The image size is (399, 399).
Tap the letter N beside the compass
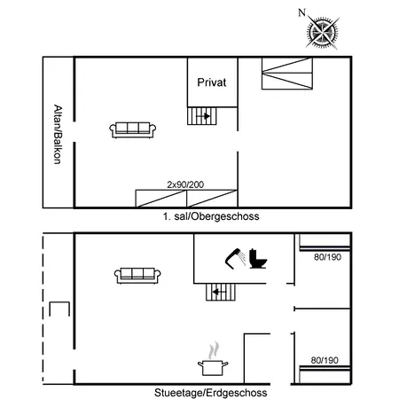(x=302, y=12)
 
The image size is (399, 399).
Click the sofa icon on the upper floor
(x=133, y=129)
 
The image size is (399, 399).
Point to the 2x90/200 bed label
(x=185, y=184)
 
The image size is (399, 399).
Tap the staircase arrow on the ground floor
(x=219, y=291)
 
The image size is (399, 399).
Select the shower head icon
(x=234, y=258)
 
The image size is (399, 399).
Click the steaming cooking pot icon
(x=214, y=365)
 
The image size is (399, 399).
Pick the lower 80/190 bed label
(x=326, y=360)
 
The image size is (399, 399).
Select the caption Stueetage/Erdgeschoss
(x=211, y=392)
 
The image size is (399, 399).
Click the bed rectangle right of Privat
(x=287, y=74)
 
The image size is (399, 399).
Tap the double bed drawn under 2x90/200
(x=185, y=198)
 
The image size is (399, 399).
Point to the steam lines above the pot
(x=213, y=350)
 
